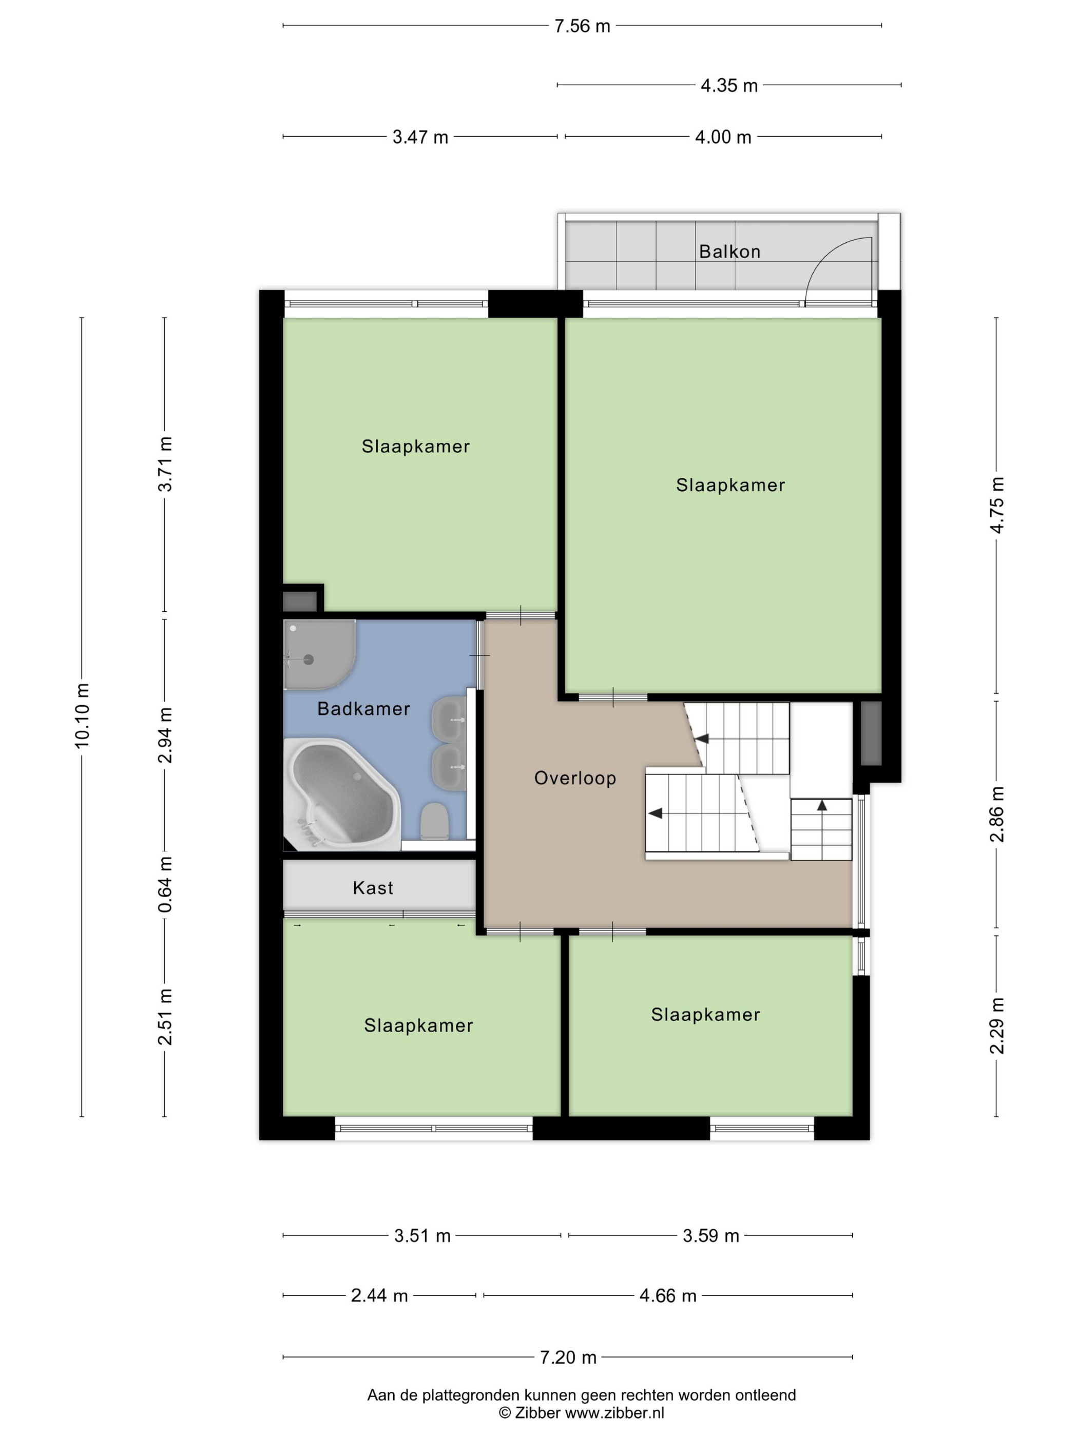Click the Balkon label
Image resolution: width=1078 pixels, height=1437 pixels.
(x=729, y=251)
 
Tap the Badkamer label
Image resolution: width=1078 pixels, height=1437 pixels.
(x=363, y=709)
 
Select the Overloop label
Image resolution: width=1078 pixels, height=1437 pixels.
(x=574, y=778)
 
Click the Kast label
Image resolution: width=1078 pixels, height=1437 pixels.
(x=373, y=888)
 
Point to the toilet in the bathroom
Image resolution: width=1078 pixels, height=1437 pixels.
(x=434, y=821)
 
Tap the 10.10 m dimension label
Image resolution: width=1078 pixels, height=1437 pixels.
(x=82, y=715)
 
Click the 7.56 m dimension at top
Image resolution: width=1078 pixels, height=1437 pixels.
(x=582, y=26)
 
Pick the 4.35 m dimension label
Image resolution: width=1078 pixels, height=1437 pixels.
(x=729, y=85)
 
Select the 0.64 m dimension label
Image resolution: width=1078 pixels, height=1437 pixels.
(x=165, y=884)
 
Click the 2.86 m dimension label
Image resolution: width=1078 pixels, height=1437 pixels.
(x=997, y=814)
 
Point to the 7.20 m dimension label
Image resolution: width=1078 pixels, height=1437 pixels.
(x=568, y=1357)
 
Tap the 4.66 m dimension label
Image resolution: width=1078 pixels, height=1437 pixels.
(x=668, y=1295)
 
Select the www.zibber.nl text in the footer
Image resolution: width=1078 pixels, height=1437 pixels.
(x=614, y=1412)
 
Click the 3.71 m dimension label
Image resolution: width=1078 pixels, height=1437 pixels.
(x=165, y=464)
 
